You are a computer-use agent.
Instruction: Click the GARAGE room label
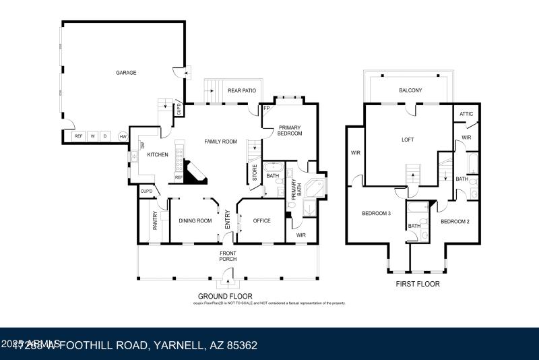click(x=126, y=72)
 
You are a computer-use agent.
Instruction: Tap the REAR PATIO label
click(x=241, y=90)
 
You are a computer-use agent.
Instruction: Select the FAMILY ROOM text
click(x=221, y=142)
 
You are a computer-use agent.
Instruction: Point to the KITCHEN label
click(x=158, y=154)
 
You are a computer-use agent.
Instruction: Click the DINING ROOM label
click(x=195, y=220)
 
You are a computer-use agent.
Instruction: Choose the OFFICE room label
click(x=261, y=220)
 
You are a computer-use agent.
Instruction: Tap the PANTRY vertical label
click(x=155, y=220)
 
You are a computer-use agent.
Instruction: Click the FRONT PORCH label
click(x=228, y=257)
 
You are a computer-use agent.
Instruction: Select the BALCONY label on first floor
click(x=410, y=90)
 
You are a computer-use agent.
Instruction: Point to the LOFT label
click(x=408, y=140)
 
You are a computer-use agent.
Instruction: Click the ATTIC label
click(x=466, y=114)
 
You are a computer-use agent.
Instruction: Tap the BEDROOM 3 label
click(x=376, y=214)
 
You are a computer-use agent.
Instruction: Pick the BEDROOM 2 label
click(x=455, y=221)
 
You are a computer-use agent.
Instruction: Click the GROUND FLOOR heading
click(x=225, y=296)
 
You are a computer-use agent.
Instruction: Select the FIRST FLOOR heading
click(x=418, y=284)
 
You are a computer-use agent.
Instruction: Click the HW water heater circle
click(x=123, y=136)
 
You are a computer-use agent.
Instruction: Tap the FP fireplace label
click(x=266, y=109)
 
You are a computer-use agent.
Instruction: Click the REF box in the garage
click(x=78, y=136)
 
